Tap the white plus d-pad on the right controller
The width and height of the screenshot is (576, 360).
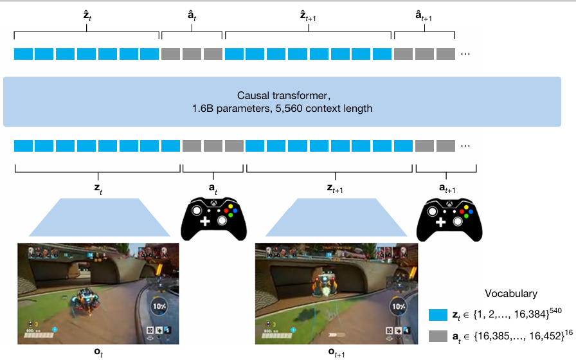click(x=441, y=222)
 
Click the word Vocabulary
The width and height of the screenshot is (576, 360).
click(x=512, y=294)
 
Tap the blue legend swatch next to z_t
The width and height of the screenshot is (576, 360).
click(x=437, y=314)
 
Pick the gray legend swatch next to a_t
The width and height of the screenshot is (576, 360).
click(x=437, y=334)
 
